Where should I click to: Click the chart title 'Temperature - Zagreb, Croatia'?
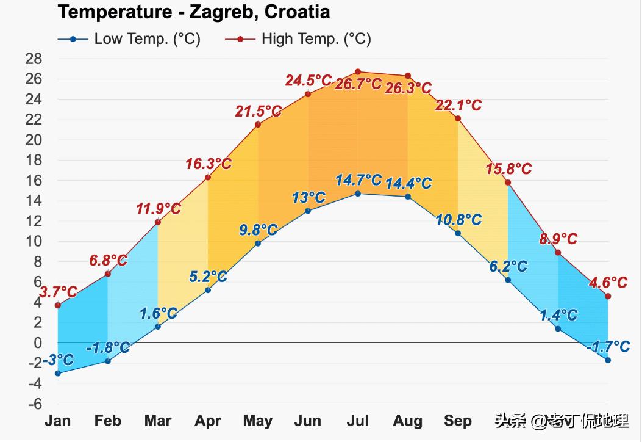click(194, 12)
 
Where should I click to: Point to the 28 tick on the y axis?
click(34, 59)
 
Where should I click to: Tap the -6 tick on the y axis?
click(34, 404)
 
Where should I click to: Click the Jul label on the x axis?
click(358, 421)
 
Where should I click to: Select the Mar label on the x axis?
click(158, 421)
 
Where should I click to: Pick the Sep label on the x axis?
click(458, 421)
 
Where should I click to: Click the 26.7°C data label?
click(358, 84)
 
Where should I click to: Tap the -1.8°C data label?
click(108, 348)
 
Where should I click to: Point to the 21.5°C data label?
click(259, 112)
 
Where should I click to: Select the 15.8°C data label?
click(508, 169)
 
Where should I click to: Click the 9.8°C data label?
click(259, 230)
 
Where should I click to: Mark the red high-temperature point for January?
click(58, 305)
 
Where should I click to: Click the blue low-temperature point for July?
click(358, 194)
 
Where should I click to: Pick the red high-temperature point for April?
click(208, 177)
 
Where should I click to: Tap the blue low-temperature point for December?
click(608, 360)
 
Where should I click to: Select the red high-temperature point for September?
click(458, 118)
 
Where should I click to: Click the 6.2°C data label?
click(508, 267)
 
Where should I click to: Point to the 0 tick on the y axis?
click(38, 343)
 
